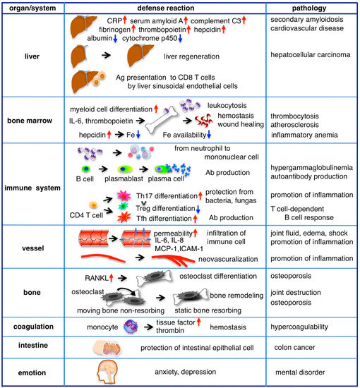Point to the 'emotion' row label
tap(34, 372)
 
